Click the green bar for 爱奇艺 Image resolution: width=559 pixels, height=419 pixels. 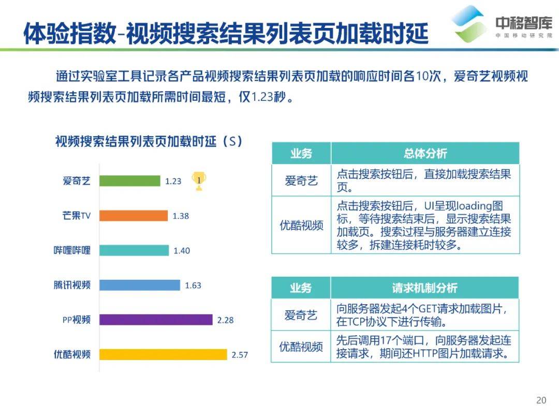[x=130, y=181]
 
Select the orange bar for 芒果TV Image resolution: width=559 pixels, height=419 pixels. [x=134, y=216]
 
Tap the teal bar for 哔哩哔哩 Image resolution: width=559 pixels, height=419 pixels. [x=134, y=250]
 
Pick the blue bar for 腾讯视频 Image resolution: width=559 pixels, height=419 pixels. [x=140, y=285]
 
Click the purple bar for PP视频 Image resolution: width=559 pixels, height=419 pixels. [x=156, y=320]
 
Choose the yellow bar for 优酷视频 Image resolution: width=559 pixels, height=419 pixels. [x=163, y=354]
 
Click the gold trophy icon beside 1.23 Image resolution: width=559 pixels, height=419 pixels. [x=199, y=181]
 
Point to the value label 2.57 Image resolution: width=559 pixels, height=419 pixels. [x=240, y=355]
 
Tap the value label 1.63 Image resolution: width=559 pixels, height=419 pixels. [x=193, y=286]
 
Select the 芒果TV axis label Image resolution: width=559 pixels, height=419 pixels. [x=76, y=216]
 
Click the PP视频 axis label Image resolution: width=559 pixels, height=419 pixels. [x=76, y=320]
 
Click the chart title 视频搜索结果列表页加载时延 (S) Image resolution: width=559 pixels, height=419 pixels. [x=149, y=141]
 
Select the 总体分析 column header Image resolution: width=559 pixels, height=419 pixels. [x=425, y=154]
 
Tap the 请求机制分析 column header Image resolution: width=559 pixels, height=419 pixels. [x=424, y=288]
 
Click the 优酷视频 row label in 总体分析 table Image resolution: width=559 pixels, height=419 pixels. [x=301, y=225]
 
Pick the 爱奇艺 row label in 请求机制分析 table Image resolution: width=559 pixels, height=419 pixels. [x=301, y=315]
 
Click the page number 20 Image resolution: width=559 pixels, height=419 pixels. [x=541, y=400]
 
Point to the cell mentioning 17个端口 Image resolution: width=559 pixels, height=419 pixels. [x=424, y=347]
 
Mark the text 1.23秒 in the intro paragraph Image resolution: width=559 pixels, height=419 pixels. [x=269, y=97]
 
